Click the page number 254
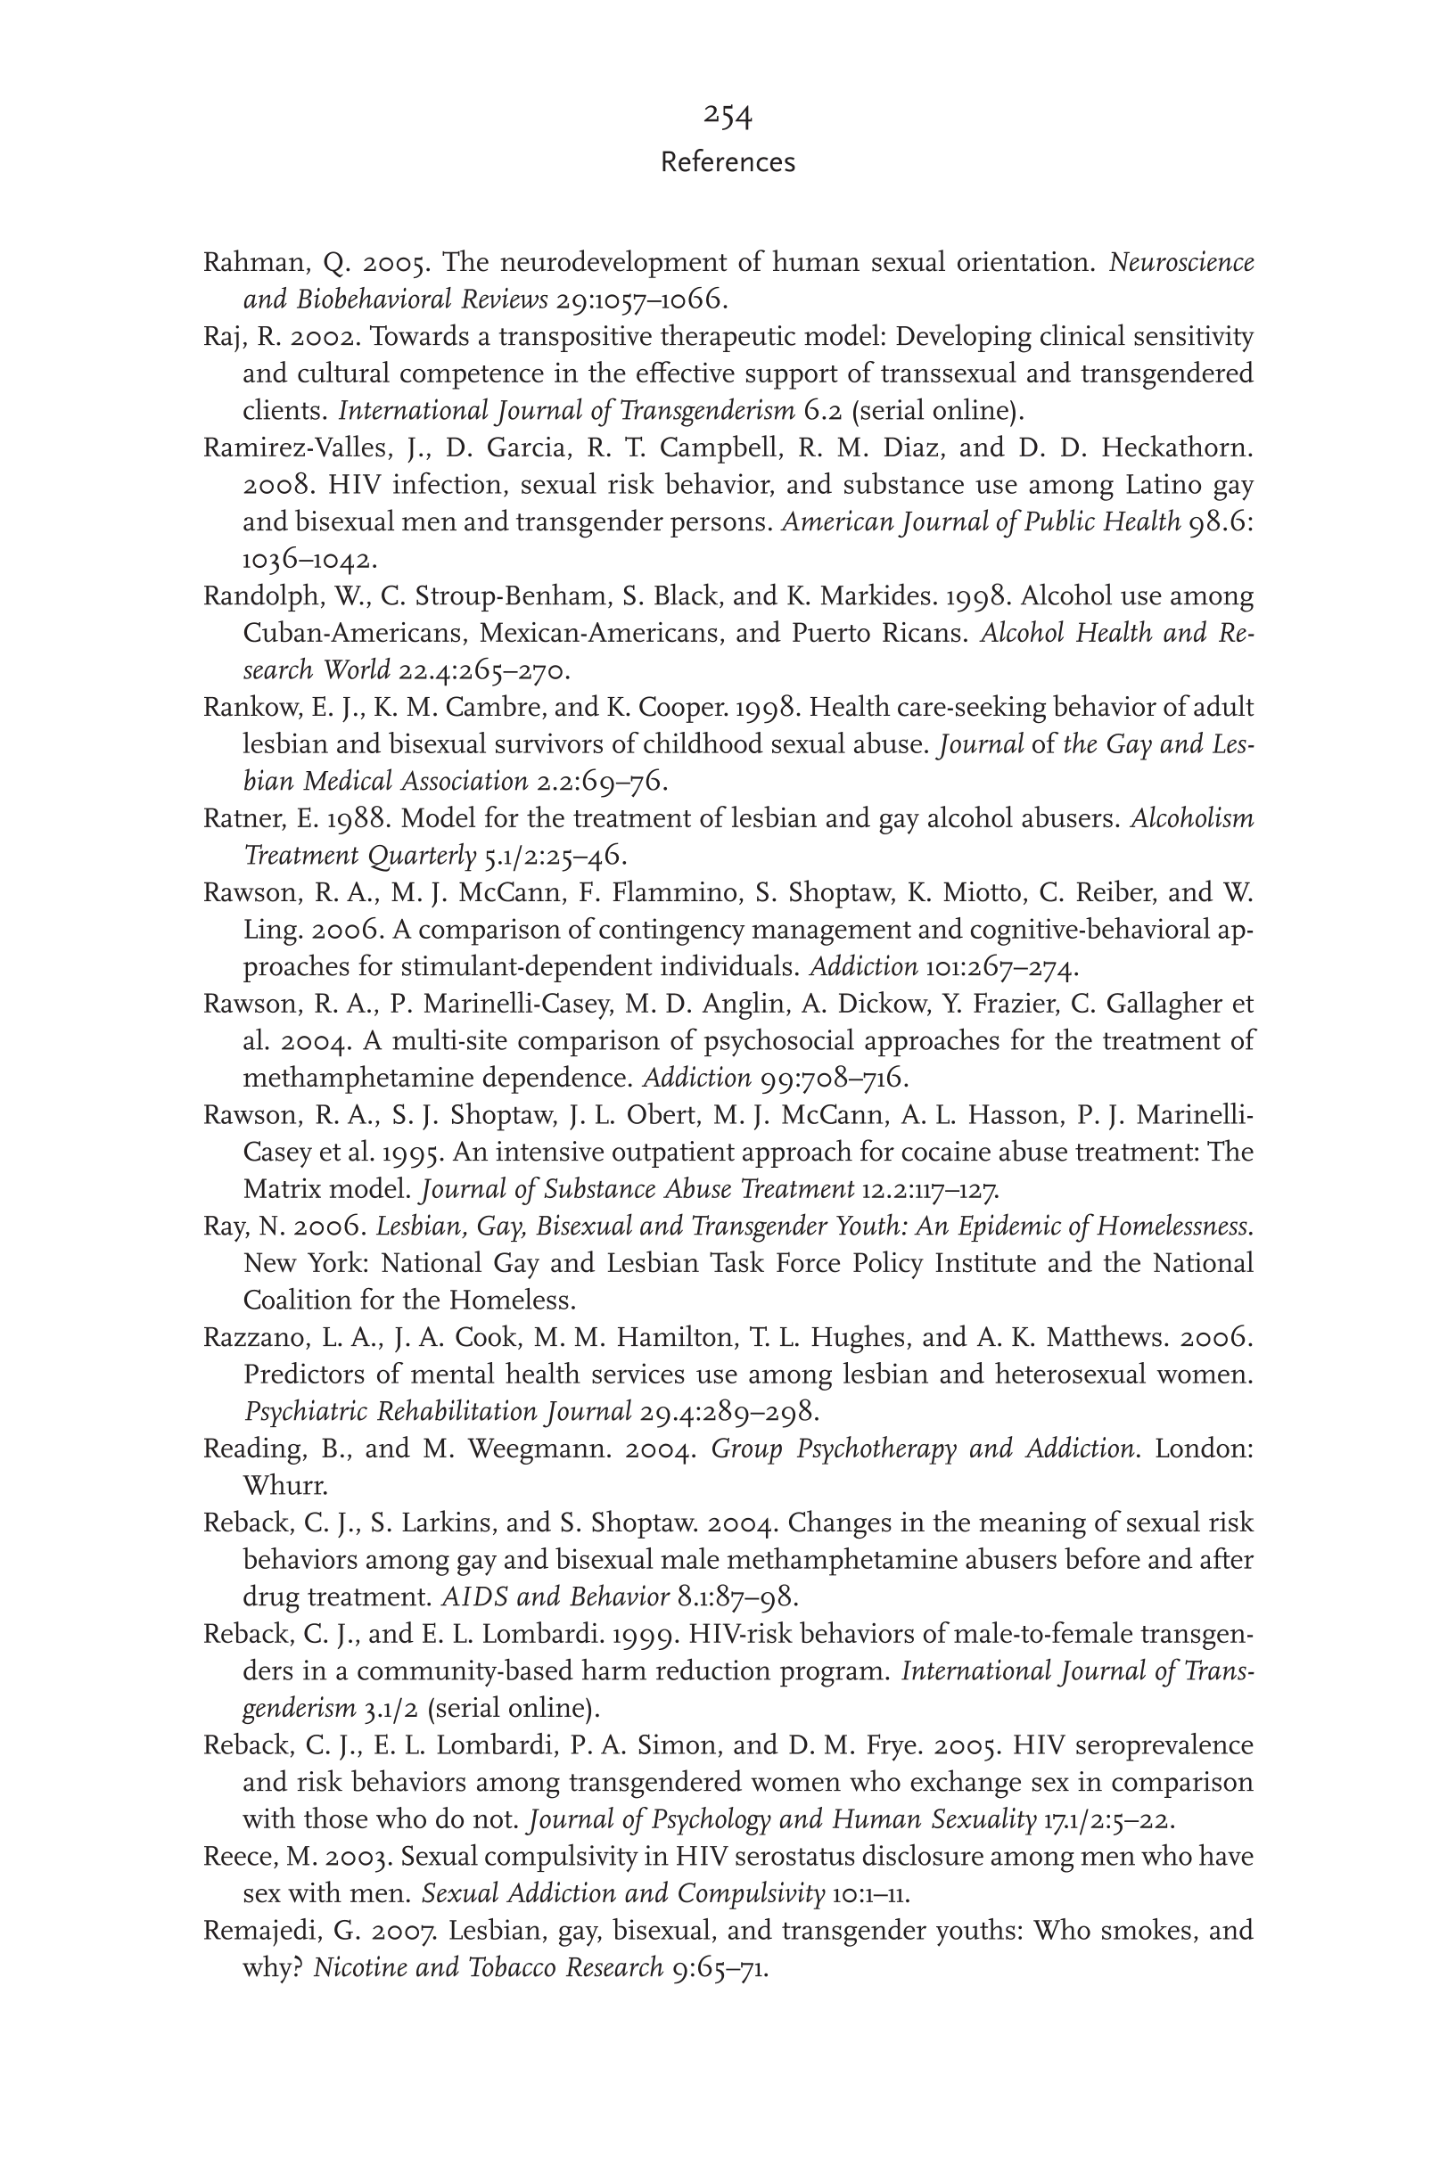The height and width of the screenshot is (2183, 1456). pos(727,115)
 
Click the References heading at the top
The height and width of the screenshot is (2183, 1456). pos(727,162)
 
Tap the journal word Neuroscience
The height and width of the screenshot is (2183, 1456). pos(1181,263)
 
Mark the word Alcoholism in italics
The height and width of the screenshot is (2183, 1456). pos(1191,818)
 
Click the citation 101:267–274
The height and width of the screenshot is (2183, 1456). pos(1002,967)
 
